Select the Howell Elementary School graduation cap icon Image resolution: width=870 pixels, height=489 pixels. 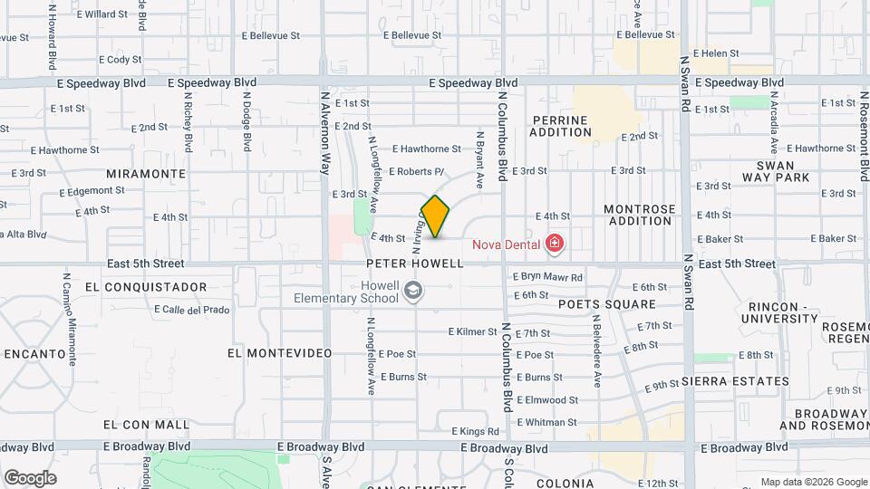(x=413, y=291)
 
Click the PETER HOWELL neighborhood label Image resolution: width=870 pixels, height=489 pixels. (x=415, y=264)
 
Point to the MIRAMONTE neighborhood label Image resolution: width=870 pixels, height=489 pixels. (x=146, y=173)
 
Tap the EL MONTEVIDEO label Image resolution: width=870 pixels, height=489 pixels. (x=280, y=352)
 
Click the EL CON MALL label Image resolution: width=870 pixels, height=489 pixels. (x=147, y=424)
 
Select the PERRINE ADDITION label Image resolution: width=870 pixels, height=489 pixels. (x=560, y=126)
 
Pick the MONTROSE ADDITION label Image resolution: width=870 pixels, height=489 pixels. (x=640, y=215)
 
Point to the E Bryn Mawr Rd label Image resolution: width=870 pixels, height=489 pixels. (x=547, y=277)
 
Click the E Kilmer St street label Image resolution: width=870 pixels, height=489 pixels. (x=486, y=332)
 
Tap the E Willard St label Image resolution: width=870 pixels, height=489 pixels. (x=102, y=14)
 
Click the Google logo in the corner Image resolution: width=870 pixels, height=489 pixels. (x=30, y=477)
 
